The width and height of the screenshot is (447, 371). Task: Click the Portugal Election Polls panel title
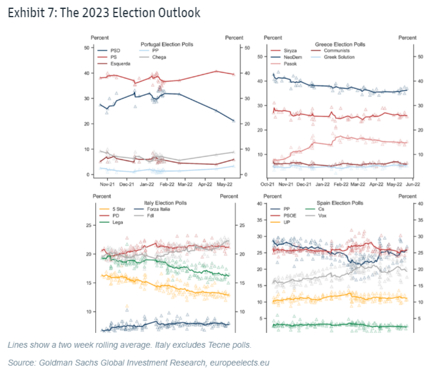167,45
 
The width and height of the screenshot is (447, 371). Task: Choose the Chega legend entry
159,58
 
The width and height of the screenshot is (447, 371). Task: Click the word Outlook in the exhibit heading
177,12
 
